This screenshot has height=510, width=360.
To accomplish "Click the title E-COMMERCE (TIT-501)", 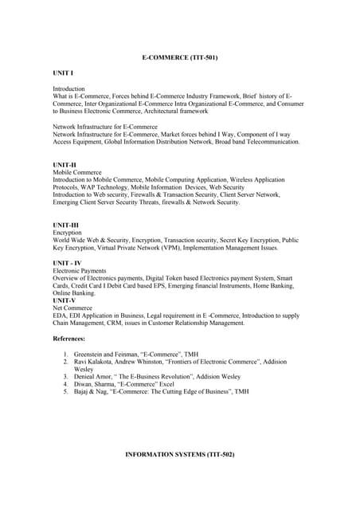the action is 179,58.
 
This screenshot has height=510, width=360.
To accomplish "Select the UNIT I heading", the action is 63,73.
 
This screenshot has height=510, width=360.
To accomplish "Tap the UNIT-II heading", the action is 65,164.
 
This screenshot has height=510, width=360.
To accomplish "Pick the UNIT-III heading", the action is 66,225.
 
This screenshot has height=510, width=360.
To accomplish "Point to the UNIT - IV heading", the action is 67,262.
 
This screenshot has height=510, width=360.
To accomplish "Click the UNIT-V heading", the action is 65,300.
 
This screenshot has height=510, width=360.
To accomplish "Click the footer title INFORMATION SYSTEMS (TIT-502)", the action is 179,453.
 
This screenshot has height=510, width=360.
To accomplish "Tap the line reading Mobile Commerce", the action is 77,172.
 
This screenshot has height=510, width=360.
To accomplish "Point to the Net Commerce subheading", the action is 73,308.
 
